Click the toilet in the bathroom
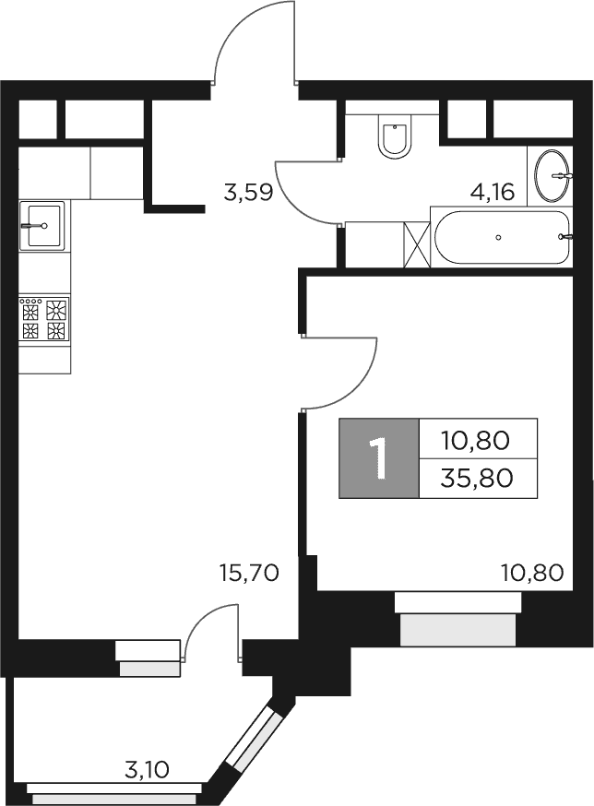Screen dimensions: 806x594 (x=396, y=137)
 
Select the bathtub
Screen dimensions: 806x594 (x=501, y=238)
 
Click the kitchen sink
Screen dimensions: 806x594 (x=42, y=225)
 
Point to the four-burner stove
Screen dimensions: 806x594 (x=44, y=319)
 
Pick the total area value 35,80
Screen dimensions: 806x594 (x=477, y=478)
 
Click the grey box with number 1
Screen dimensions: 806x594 (x=378, y=458)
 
